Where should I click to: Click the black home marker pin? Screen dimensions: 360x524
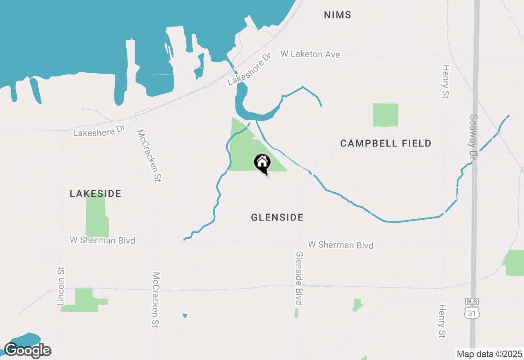[x=262, y=163]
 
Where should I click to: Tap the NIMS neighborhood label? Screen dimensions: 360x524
[x=337, y=15]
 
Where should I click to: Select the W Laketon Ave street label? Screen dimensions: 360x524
[x=310, y=54]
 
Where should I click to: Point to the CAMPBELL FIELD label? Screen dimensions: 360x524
[x=386, y=143]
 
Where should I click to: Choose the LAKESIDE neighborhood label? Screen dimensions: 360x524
[x=95, y=193]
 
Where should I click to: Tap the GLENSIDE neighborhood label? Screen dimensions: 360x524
[x=277, y=217]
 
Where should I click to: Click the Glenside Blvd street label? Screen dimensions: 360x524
[x=299, y=278]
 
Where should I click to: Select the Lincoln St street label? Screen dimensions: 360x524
[x=61, y=286]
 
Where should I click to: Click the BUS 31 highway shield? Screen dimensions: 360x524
[x=472, y=309]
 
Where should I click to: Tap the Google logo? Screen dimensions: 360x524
[x=28, y=351]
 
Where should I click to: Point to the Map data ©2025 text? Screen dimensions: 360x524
[x=489, y=354]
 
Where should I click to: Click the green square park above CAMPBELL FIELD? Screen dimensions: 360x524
[x=386, y=115]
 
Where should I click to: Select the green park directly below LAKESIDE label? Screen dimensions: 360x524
[x=97, y=216]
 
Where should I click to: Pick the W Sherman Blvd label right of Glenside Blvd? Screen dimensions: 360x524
[x=341, y=245]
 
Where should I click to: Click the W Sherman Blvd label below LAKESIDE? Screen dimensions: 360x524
[x=102, y=240]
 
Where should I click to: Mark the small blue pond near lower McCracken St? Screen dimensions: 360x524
[x=185, y=315]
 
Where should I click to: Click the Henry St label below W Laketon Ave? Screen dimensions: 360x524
[x=445, y=82]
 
